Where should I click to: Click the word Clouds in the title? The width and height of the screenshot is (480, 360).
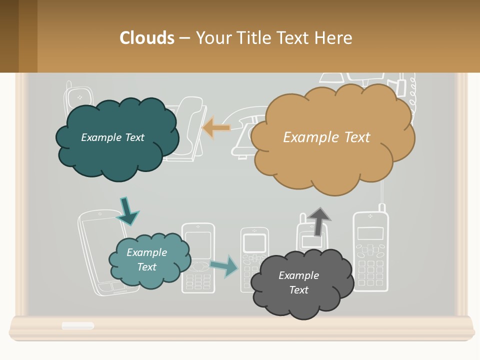[147, 38]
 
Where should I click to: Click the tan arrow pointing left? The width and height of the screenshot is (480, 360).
[216, 128]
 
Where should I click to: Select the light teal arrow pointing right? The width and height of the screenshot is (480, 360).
[223, 266]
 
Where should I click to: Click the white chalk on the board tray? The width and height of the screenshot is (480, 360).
[77, 325]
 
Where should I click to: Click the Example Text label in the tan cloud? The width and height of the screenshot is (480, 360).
[326, 137]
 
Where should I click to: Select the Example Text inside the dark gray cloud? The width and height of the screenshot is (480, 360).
[298, 282]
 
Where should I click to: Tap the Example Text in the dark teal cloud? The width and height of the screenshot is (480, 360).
[112, 137]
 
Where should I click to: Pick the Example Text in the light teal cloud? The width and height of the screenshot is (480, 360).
[146, 259]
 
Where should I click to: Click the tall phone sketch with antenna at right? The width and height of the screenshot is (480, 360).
[371, 250]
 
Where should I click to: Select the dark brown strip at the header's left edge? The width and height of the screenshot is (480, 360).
[9, 36]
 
